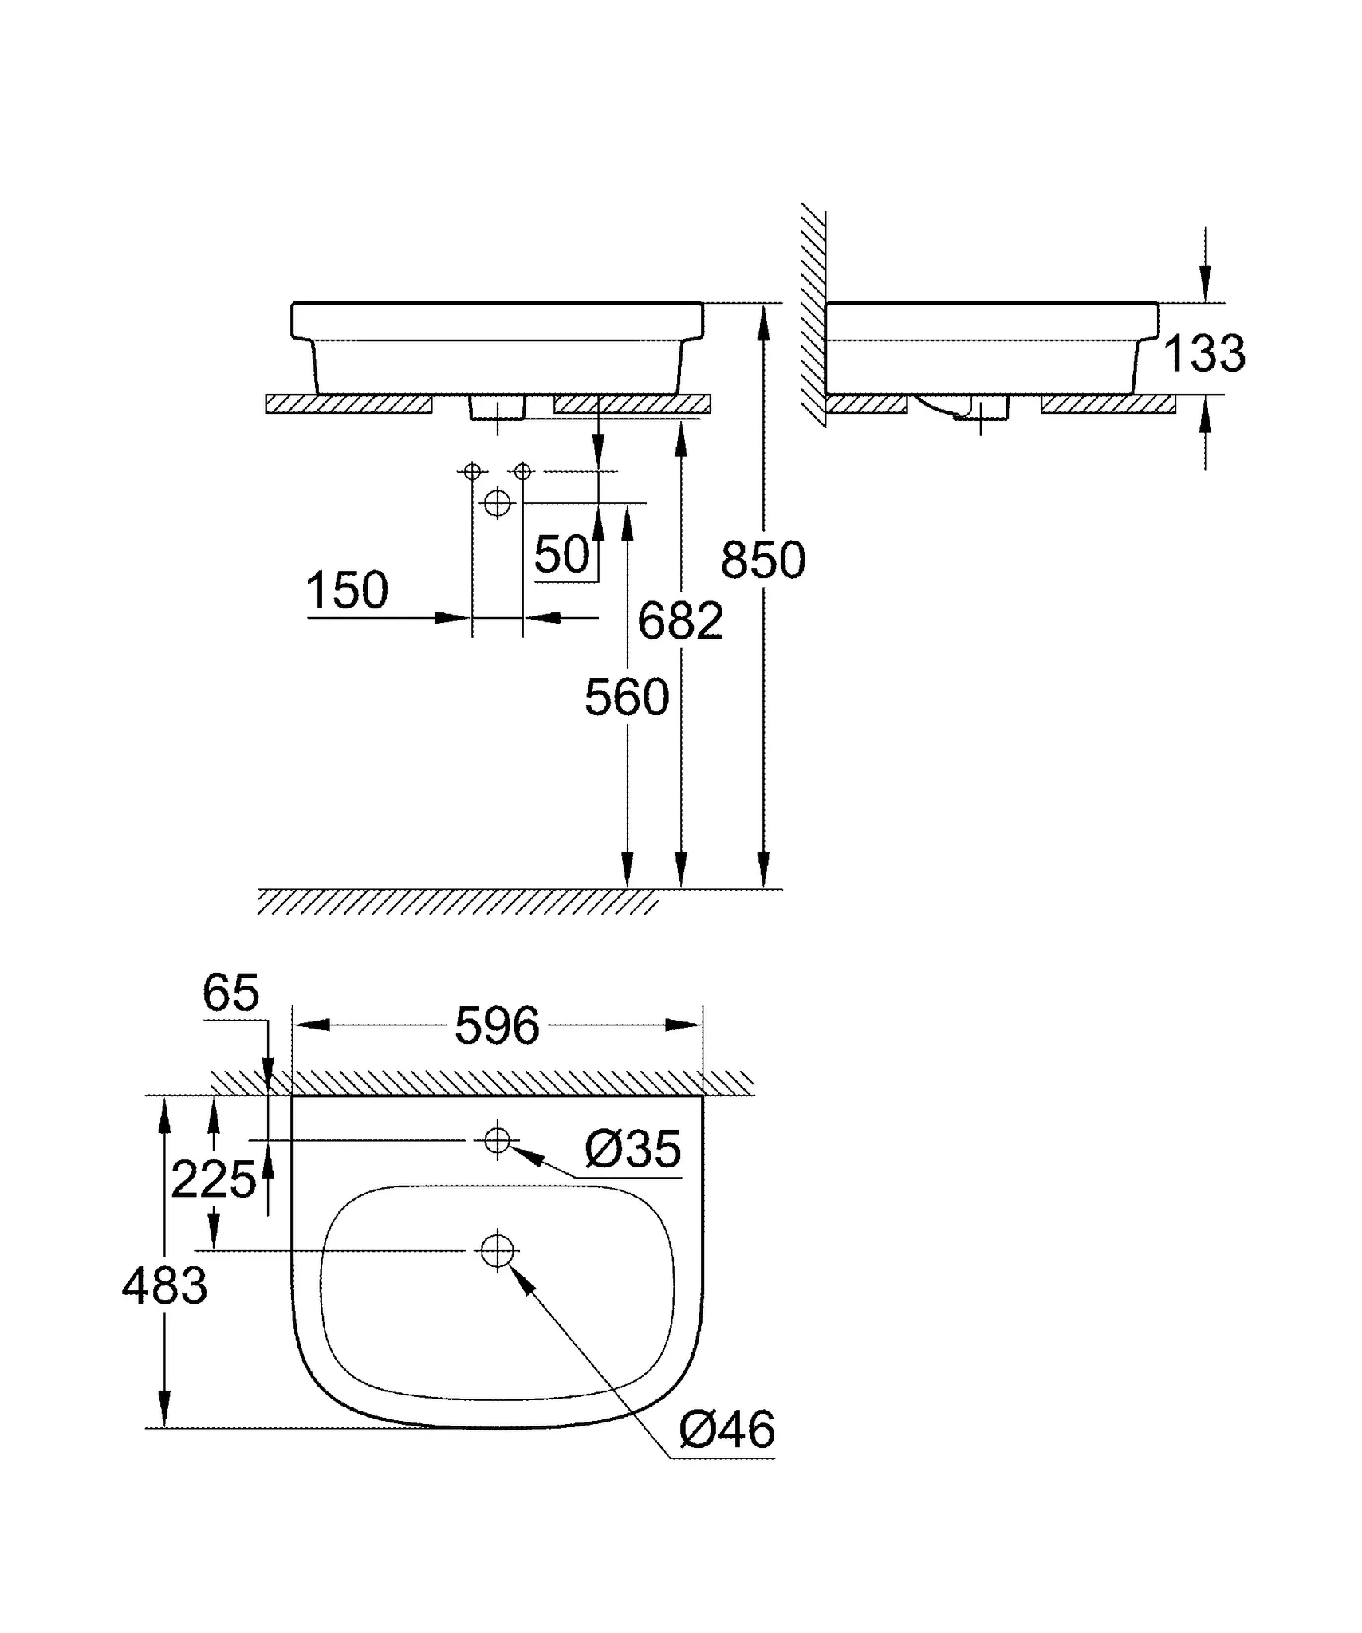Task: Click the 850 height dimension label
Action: point(762,560)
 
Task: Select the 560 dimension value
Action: point(627,698)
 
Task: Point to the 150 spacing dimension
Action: point(347,590)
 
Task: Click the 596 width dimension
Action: point(497,1026)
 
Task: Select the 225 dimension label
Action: point(213,1180)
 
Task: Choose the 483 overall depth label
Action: point(164,1286)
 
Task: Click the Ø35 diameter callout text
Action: point(633,1149)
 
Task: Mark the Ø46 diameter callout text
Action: point(726,1430)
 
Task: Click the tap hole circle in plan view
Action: point(497,1140)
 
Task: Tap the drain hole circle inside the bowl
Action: point(497,1250)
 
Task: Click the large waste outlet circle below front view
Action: point(497,503)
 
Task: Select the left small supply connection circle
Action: point(472,471)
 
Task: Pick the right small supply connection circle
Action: point(522,471)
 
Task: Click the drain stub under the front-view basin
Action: point(497,407)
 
